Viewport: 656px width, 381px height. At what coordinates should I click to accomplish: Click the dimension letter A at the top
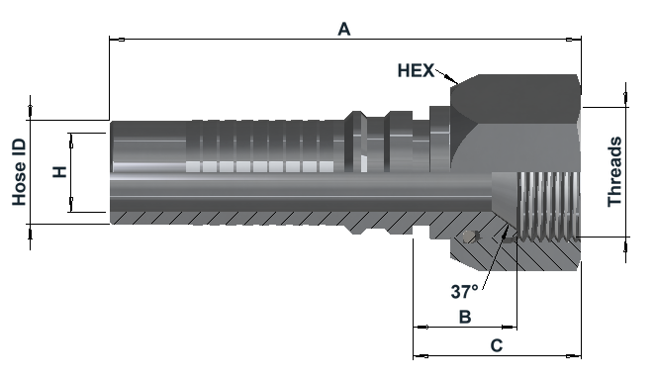[344, 30]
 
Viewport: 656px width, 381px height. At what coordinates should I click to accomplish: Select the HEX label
[416, 70]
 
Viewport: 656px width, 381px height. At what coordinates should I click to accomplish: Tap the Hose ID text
[19, 172]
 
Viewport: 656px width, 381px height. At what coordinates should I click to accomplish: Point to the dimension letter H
[59, 172]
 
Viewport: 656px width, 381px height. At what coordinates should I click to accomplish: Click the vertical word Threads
[614, 172]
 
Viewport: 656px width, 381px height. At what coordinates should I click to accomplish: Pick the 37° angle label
[464, 292]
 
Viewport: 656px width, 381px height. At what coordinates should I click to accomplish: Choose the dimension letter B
[465, 317]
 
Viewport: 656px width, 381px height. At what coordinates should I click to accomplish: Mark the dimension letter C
[497, 346]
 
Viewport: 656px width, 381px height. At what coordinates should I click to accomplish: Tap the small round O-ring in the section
[469, 238]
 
